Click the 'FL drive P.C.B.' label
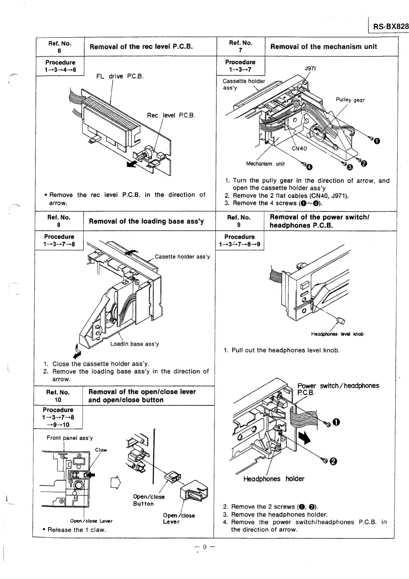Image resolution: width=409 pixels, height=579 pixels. (x=120, y=76)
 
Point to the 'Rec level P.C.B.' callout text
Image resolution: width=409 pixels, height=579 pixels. (x=171, y=115)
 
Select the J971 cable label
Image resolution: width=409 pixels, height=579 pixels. (x=310, y=68)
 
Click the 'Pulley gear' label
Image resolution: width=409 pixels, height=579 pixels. (x=350, y=100)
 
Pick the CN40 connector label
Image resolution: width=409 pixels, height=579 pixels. (x=299, y=149)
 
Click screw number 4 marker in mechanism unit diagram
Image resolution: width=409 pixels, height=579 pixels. (x=309, y=167)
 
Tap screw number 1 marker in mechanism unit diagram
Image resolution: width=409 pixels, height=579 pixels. (x=377, y=141)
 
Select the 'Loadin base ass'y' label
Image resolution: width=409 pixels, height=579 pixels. (x=134, y=344)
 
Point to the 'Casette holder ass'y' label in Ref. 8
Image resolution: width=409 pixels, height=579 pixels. (x=182, y=257)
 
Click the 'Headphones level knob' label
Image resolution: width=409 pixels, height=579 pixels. (x=337, y=334)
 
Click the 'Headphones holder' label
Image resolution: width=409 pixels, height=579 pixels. (x=274, y=479)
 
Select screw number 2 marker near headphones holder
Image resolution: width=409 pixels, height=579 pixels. (x=332, y=462)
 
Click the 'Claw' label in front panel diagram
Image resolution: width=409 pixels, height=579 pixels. (x=101, y=450)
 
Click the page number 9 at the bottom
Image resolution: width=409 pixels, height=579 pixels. (x=204, y=547)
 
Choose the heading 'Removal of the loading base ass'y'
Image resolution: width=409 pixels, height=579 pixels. (x=146, y=221)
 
